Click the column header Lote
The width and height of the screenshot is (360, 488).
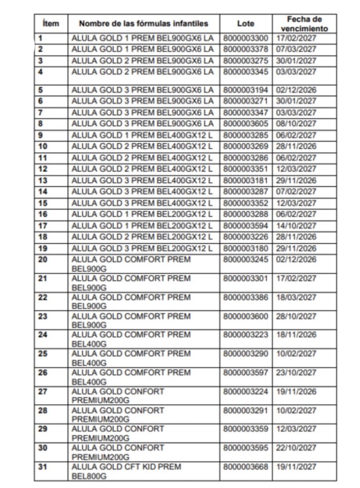click(x=245, y=23)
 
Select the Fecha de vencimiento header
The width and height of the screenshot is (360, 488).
click(x=304, y=23)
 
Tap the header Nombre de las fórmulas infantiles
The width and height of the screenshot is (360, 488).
click(x=143, y=23)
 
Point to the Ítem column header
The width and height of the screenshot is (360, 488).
click(x=50, y=23)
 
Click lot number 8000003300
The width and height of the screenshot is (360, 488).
click(x=245, y=38)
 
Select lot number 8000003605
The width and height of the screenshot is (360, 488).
click(x=245, y=124)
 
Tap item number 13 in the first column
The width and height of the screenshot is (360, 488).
click(x=42, y=180)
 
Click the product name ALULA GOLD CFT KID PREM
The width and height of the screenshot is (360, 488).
click(x=126, y=467)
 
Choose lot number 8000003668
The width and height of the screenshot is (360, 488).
click(x=245, y=467)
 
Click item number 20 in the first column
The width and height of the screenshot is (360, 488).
click(x=42, y=259)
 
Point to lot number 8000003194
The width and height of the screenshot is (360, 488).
click(x=245, y=90)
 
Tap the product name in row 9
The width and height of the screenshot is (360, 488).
click(x=142, y=135)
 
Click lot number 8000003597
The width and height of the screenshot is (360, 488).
click(x=245, y=373)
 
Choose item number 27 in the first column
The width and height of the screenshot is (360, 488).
click(x=42, y=391)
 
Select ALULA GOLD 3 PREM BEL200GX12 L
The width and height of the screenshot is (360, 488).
click(x=142, y=248)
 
